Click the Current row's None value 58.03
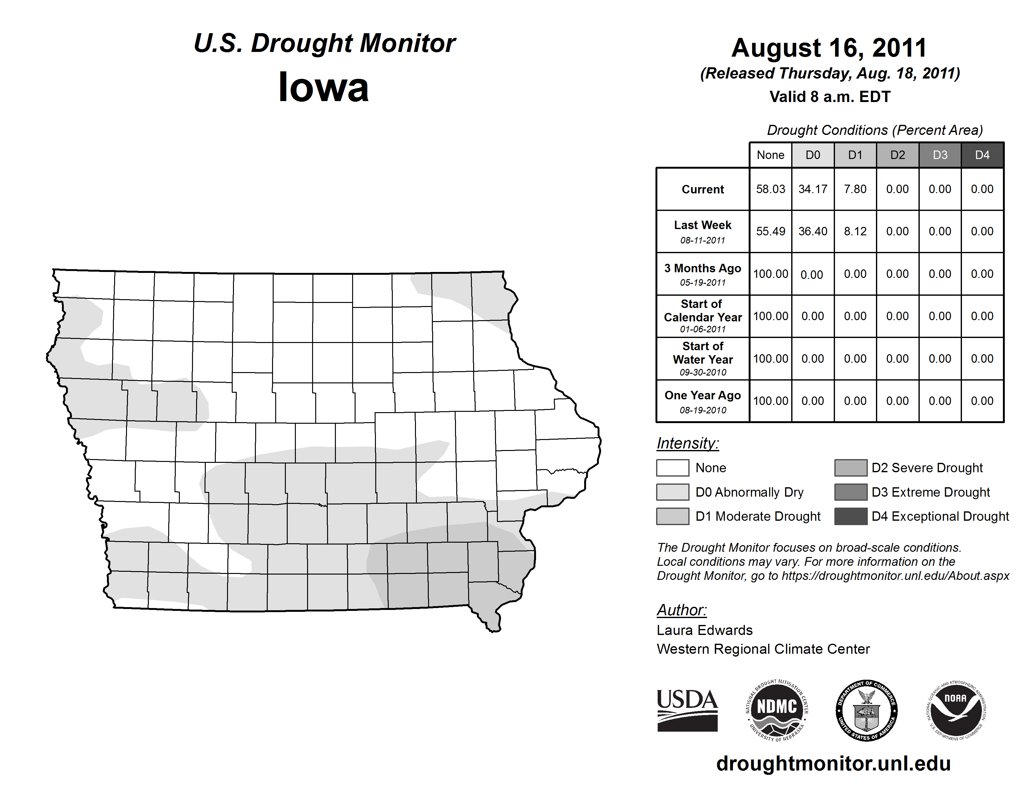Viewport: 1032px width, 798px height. [x=770, y=189]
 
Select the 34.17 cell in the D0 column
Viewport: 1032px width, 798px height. [x=813, y=189]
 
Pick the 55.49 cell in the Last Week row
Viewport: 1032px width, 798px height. [x=770, y=231]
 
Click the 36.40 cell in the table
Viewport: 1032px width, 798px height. [x=813, y=231]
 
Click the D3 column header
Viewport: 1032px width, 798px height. [x=940, y=155]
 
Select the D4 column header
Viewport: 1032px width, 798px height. [x=982, y=155]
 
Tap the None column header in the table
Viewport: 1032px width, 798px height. [x=770, y=155]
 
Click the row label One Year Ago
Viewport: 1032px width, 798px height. [x=703, y=396]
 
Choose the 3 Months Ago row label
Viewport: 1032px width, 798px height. [x=703, y=269]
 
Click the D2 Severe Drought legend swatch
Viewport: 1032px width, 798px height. [x=851, y=468]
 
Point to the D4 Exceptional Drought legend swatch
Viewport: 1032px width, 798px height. [x=851, y=516]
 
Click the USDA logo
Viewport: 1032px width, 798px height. [x=687, y=710]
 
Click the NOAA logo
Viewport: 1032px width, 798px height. [x=955, y=710]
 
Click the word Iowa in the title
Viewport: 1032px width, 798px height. [x=324, y=87]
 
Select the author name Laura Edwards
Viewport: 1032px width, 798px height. [x=705, y=630]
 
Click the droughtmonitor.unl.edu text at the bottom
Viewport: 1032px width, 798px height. [x=833, y=764]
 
